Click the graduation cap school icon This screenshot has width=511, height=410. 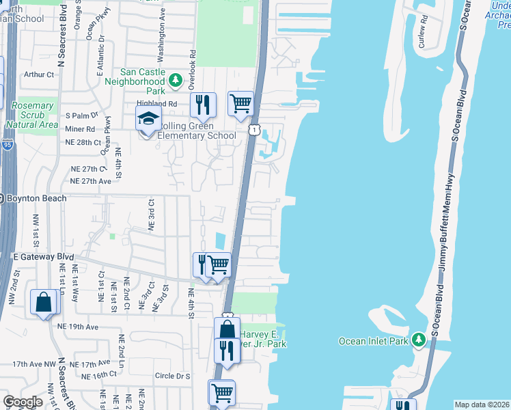click(148, 119)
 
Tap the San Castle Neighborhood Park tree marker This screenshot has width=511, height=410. click(176, 81)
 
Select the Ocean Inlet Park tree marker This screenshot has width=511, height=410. click(417, 340)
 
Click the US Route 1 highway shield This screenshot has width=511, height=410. click(254, 129)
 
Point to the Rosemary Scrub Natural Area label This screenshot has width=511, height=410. click(31, 115)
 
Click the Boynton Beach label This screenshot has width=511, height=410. click(36, 198)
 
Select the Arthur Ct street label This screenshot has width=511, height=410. click(38, 74)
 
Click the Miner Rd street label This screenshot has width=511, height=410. click(80, 129)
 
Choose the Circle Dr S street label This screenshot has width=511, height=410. click(173, 376)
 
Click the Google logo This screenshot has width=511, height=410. click(23, 402)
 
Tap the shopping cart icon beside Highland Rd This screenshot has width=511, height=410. click(240, 104)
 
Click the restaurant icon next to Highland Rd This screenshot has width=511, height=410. click(202, 105)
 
